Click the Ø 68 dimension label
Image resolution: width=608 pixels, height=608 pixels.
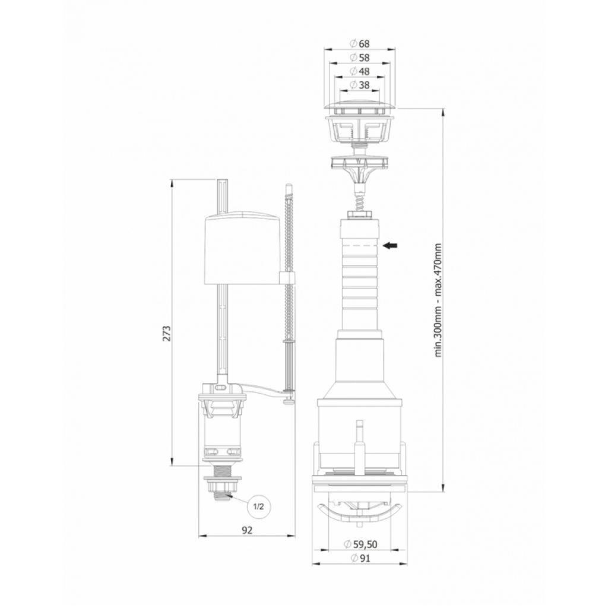(x=359, y=44)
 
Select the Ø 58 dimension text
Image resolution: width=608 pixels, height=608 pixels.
(x=359, y=58)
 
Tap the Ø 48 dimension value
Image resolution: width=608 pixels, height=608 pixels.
(x=359, y=72)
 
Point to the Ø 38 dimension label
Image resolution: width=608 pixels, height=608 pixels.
(x=359, y=85)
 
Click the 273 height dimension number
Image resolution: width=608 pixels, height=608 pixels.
(x=166, y=332)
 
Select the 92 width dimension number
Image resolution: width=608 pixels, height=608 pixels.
(x=247, y=530)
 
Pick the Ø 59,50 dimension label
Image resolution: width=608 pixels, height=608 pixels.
(x=360, y=544)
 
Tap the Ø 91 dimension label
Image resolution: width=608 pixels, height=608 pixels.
(x=360, y=558)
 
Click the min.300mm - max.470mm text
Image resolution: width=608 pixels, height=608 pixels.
(x=438, y=300)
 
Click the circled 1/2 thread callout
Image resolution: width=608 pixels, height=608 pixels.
(x=259, y=507)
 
